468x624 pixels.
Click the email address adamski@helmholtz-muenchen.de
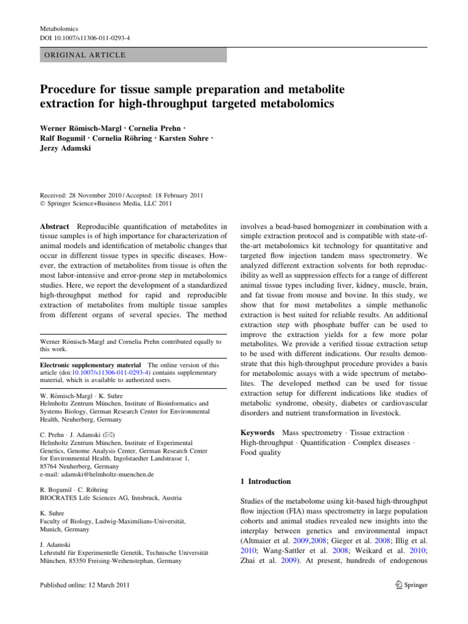[96, 473]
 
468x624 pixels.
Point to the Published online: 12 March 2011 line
[88, 585]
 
